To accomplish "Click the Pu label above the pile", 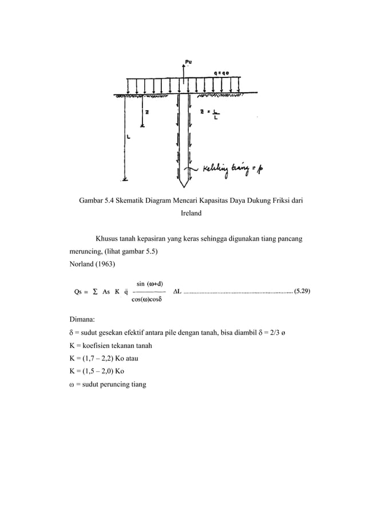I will (189, 61).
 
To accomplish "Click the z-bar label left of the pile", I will (147, 112).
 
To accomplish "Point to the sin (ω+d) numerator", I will (150, 283).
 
